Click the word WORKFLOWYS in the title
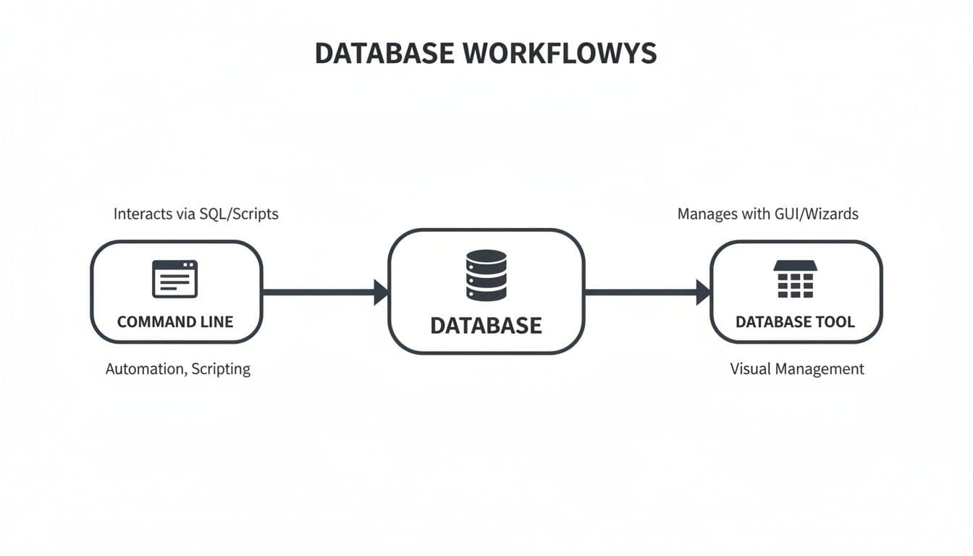coord(562,54)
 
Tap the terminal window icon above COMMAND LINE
coord(174,279)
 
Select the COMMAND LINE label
coord(175,322)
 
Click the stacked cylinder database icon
coord(486,275)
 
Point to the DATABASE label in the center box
coord(486,326)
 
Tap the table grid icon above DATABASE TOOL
coord(795,279)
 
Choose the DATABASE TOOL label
coord(795,322)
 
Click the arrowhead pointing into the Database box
coord(381,292)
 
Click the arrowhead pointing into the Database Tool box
coord(703,292)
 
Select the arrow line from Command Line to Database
coord(319,292)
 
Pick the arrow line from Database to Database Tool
coord(641,292)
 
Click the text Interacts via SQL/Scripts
coord(195,214)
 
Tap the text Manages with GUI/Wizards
coord(767,214)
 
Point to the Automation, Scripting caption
coord(178,369)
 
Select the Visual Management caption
coord(796,369)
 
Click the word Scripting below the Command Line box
coord(221,369)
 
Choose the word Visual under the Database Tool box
coord(750,369)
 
